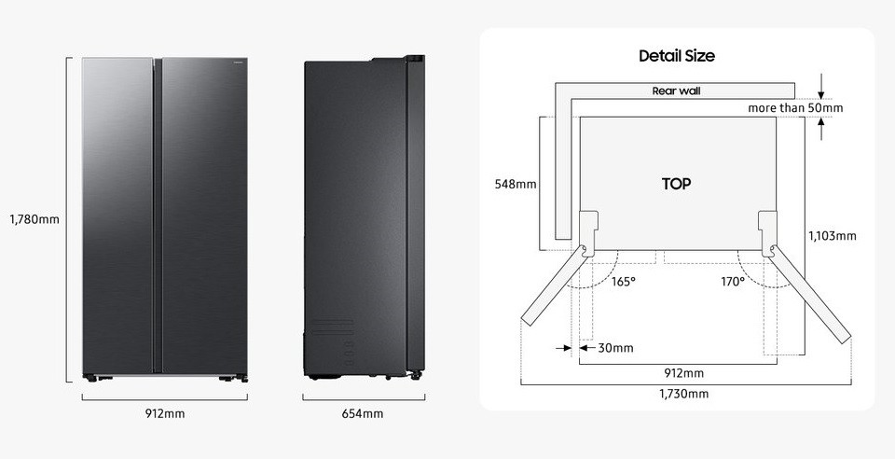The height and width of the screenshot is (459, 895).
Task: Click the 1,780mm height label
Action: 34,218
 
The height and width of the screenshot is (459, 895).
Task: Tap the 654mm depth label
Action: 363,414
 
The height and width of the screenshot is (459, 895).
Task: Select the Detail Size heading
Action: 677,56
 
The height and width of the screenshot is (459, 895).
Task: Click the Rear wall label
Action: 677,90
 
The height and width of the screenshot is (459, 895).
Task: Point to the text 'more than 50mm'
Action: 795,108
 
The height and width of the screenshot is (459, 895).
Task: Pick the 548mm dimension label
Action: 516,185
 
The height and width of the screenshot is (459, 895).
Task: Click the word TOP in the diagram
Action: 677,184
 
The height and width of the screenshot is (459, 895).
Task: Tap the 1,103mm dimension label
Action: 833,236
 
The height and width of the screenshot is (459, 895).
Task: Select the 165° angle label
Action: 623,282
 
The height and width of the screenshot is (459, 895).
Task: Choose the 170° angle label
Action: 733,282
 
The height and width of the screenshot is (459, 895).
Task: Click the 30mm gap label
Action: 615,348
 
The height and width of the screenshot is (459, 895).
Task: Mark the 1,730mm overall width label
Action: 683,394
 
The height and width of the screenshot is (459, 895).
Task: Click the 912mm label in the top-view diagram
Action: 683,373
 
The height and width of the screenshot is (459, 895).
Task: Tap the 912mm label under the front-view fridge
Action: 165,414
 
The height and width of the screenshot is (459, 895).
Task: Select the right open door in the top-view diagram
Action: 810,295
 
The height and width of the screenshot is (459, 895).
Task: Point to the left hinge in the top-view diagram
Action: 588,233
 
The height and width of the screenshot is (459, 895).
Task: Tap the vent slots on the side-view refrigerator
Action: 332,326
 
